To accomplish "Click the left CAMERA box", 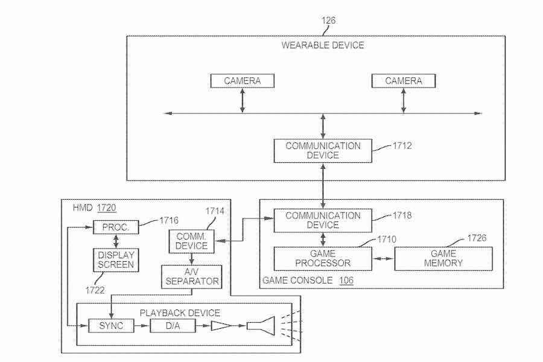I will click(x=243, y=81).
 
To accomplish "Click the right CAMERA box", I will click(x=403, y=81).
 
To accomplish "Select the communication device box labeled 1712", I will click(x=323, y=151).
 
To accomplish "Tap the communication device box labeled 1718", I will click(x=323, y=220).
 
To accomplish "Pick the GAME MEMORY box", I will click(x=443, y=258).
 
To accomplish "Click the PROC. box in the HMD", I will click(x=115, y=227).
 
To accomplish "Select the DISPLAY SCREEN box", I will click(x=115, y=259).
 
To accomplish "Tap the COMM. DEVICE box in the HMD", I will click(x=191, y=241).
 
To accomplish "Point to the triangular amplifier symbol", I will click(x=221, y=326).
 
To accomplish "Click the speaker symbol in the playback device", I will click(x=261, y=326).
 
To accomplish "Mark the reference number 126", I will click(x=328, y=21).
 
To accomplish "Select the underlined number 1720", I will click(x=107, y=208).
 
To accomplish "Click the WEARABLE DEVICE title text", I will click(x=323, y=46).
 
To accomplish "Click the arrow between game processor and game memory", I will click(x=381, y=259).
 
